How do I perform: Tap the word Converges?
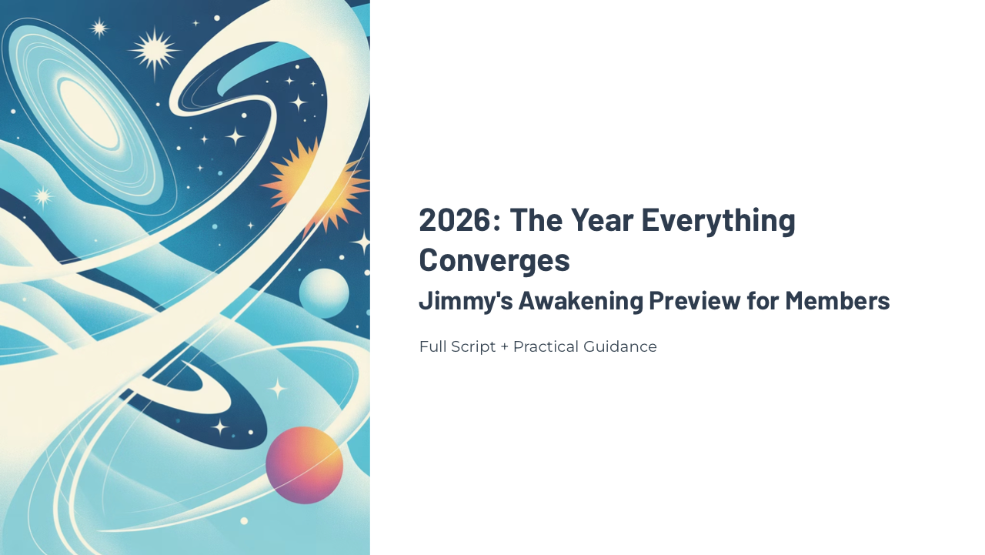point(494,259)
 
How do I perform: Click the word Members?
point(837,300)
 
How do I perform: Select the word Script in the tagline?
point(472,346)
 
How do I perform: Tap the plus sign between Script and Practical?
point(505,347)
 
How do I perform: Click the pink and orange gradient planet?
point(305,465)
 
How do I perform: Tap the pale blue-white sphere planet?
point(324,293)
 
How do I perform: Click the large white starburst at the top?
point(154,51)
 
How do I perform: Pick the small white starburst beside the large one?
point(98,28)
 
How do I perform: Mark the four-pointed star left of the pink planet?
point(220,426)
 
